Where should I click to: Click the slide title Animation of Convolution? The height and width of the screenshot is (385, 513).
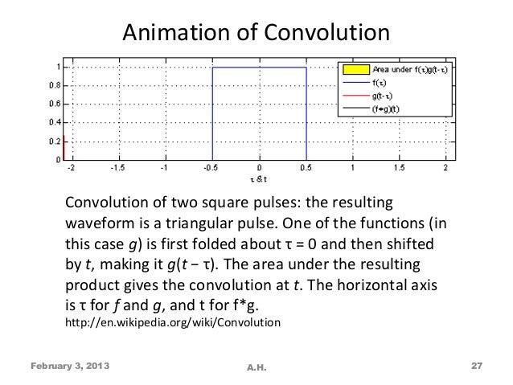click(255, 31)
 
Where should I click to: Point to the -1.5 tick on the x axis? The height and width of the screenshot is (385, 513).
click(118, 169)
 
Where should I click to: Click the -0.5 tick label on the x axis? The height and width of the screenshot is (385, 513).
click(211, 169)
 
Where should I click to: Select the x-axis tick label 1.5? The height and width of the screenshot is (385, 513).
click(399, 169)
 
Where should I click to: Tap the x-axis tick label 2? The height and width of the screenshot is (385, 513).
click(445, 169)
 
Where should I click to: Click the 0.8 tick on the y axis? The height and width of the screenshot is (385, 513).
click(50, 84)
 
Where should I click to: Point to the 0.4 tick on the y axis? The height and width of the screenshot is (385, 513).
click(50, 122)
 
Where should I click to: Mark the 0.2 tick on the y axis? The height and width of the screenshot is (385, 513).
click(50, 141)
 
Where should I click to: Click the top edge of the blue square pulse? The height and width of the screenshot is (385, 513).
click(259, 67)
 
